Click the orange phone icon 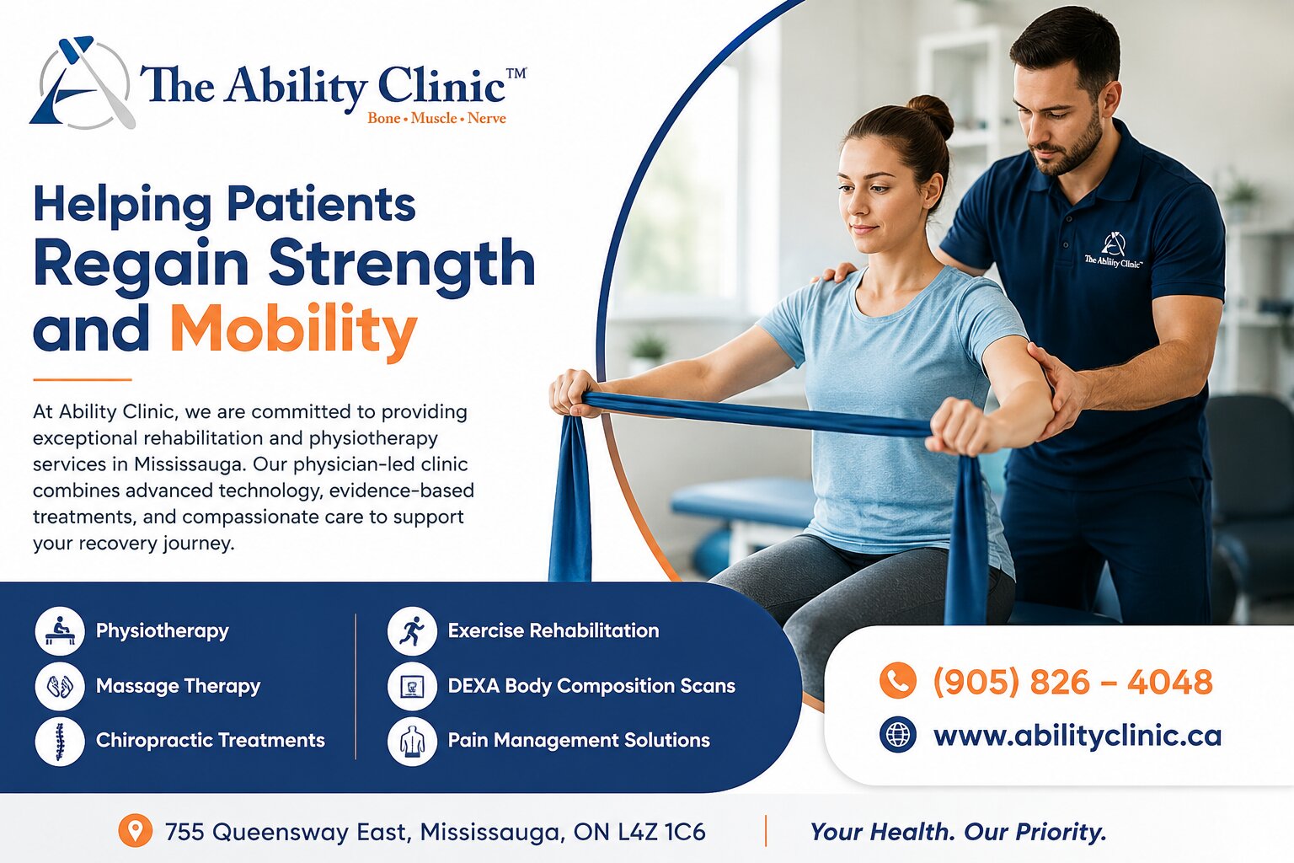pos(898,680)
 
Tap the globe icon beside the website pos(898,735)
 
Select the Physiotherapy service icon pos(60,630)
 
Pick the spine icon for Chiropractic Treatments pos(60,741)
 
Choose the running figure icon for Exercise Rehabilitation pos(412,630)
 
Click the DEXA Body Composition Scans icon pos(412,686)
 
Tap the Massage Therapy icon pos(60,686)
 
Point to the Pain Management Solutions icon pos(412,741)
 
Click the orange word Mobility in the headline pos(293,330)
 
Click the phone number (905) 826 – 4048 pos(1072,682)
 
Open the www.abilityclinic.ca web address pos(1077,736)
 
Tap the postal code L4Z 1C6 pos(661,832)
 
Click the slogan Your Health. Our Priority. pos(958,833)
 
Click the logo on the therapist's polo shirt pos(1113,250)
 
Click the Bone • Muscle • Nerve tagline pos(436,118)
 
